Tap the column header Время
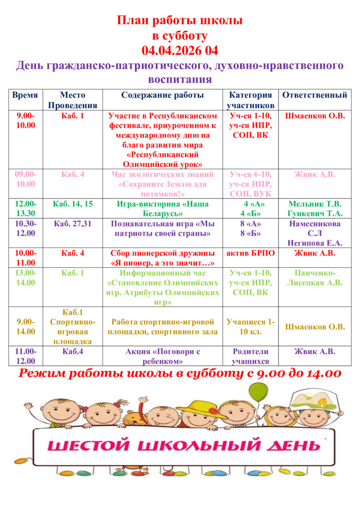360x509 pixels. pyautogui.click(x=25, y=95)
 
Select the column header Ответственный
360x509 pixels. pyautogui.click(x=315, y=95)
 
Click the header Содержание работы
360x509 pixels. pyautogui.click(x=162, y=95)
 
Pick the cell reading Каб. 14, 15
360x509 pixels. pyautogui.click(x=72, y=204)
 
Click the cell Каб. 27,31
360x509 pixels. pyautogui.click(x=72, y=223)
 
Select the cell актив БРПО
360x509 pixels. pyautogui.click(x=251, y=253)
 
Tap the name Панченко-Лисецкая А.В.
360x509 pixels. pyautogui.click(x=315, y=278)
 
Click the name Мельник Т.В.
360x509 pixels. pyautogui.click(x=315, y=204)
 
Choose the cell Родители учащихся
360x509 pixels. pyautogui.click(x=251, y=356)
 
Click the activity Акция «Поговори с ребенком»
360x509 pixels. pyautogui.click(x=162, y=356)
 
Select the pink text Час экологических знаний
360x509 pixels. pyautogui.click(x=162, y=174)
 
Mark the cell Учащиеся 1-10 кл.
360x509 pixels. pyautogui.click(x=251, y=327)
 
